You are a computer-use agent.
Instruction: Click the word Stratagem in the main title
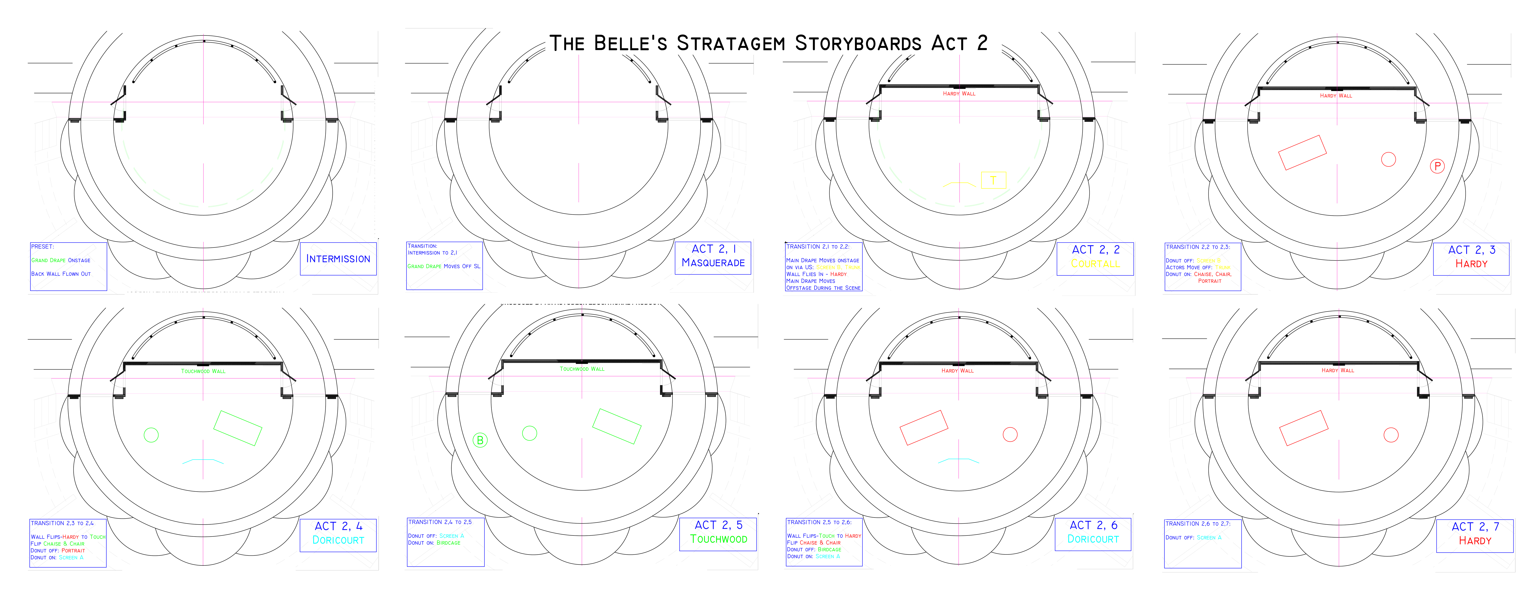pyautogui.click(x=731, y=44)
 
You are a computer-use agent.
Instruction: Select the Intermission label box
pyautogui.click(x=338, y=259)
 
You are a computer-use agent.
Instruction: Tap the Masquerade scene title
pyautogui.click(x=713, y=263)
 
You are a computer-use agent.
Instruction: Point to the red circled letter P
pyautogui.click(x=1437, y=166)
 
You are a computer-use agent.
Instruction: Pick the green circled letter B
pyautogui.click(x=480, y=440)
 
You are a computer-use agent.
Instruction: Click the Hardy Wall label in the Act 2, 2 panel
pyautogui.click(x=959, y=94)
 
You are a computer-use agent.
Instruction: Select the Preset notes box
pyautogui.click(x=68, y=267)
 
